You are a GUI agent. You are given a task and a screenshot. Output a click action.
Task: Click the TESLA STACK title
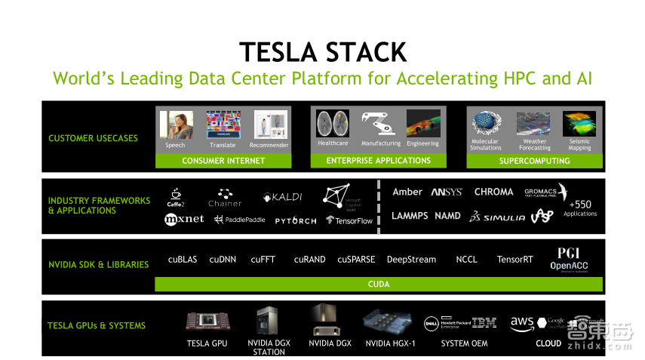coord(322,52)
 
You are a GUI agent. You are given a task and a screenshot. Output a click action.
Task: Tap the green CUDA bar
coord(378,285)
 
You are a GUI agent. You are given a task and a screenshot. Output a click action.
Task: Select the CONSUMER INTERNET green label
coord(223,161)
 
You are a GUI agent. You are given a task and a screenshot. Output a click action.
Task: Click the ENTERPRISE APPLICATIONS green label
coord(378,161)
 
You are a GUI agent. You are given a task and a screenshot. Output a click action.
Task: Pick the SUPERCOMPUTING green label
coord(534,161)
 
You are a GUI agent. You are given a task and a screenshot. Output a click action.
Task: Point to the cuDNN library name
coord(223,260)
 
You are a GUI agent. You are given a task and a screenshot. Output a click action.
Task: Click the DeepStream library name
coord(411,260)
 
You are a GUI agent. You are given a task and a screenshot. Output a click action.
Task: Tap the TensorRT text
coord(514,260)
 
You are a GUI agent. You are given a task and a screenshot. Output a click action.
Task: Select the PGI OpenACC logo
coord(568,259)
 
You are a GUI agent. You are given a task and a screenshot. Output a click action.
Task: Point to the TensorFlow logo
coord(349,220)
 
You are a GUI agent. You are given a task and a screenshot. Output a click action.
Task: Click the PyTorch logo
coord(295,220)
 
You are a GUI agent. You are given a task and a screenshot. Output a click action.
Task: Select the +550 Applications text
coord(580,208)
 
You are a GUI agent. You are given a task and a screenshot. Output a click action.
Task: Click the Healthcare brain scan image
coord(332,124)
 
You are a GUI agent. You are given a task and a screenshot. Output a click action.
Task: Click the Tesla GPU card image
coord(207,321)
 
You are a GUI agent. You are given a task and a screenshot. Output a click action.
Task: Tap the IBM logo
coord(484,323)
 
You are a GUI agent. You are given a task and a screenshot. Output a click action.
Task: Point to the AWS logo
coord(522,323)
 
